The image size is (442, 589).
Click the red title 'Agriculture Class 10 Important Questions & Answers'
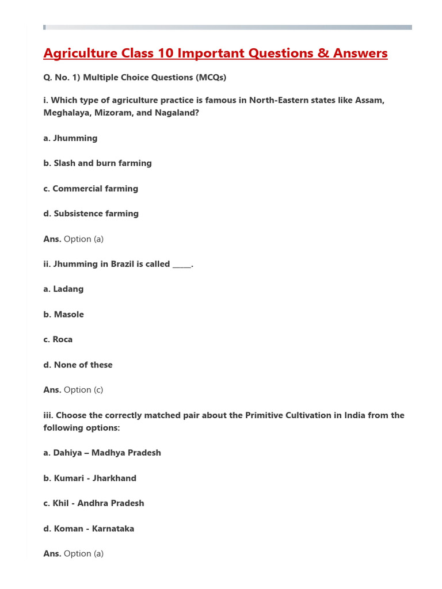coord(215,53)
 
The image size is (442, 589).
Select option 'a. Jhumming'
coord(70,138)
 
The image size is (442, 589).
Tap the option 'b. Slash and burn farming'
coord(97,163)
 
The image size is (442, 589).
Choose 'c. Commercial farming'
coord(90,189)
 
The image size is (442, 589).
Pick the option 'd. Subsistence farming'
coord(91,213)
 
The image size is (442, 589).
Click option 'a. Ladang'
coord(63,289)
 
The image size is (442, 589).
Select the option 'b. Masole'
coord(63,314)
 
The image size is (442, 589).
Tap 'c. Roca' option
coord(58,339)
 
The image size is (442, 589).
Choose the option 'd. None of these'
coord(78,365)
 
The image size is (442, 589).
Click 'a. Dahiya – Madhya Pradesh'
coord(102,453)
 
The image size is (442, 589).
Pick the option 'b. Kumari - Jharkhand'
coord(90,478)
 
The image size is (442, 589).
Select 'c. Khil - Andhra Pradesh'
coord(94,503)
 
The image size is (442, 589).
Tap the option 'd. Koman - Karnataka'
coord(89,528)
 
